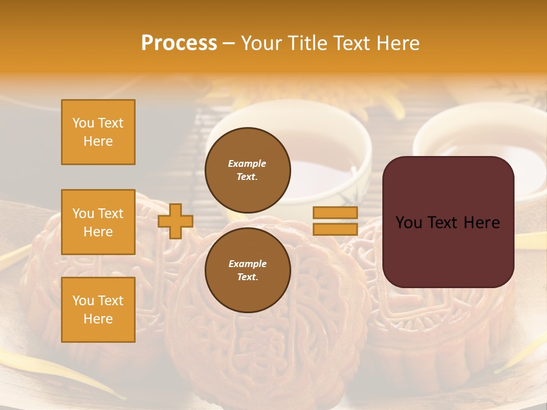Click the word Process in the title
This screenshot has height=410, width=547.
179,43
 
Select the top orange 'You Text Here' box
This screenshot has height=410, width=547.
98,132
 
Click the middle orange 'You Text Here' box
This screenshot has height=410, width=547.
98,222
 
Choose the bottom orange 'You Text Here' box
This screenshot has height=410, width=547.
98,310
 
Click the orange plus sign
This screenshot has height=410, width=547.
175,221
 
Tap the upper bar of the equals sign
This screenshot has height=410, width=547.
335,213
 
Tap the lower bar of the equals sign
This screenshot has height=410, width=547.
335,229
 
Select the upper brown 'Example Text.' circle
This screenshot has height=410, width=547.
247,170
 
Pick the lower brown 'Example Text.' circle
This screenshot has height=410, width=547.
247,270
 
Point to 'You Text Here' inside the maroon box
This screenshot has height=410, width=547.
448,223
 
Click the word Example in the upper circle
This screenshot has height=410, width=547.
247,163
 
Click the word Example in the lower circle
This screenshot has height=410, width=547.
247,264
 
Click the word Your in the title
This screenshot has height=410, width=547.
262,43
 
